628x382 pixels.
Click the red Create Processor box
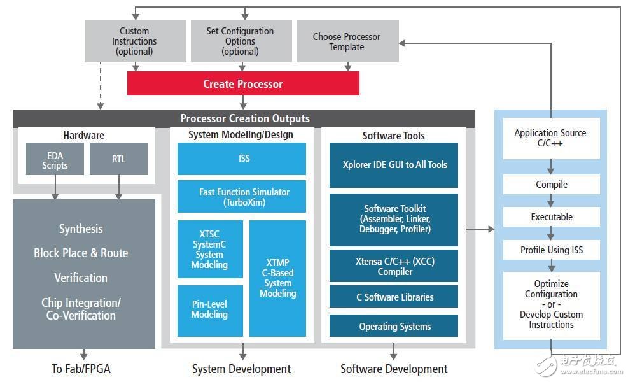pos(243,83)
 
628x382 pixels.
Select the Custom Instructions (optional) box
pos(134,41)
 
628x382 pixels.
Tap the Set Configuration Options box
pos(240,41)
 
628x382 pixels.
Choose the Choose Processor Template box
pos(347,41)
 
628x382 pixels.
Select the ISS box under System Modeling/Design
pos(242,159)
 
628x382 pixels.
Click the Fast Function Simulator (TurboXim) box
pos(242,196)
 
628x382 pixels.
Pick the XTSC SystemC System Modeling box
pos(209,250)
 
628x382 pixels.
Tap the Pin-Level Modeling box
pos(209,310)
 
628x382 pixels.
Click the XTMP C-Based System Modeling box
pos(277,278)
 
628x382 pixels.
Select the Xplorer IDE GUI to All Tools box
pos(393,165)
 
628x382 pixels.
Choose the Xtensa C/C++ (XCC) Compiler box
pos(393,266)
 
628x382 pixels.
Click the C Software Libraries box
pos(393,297)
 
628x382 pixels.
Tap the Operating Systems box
pos(393,326)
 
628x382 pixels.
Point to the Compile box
pos(551,185)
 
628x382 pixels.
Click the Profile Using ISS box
pos(551,250)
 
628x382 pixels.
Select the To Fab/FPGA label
pos(81,369)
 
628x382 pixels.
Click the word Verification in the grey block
pos(81,278)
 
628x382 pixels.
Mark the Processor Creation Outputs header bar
pos(244,118)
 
